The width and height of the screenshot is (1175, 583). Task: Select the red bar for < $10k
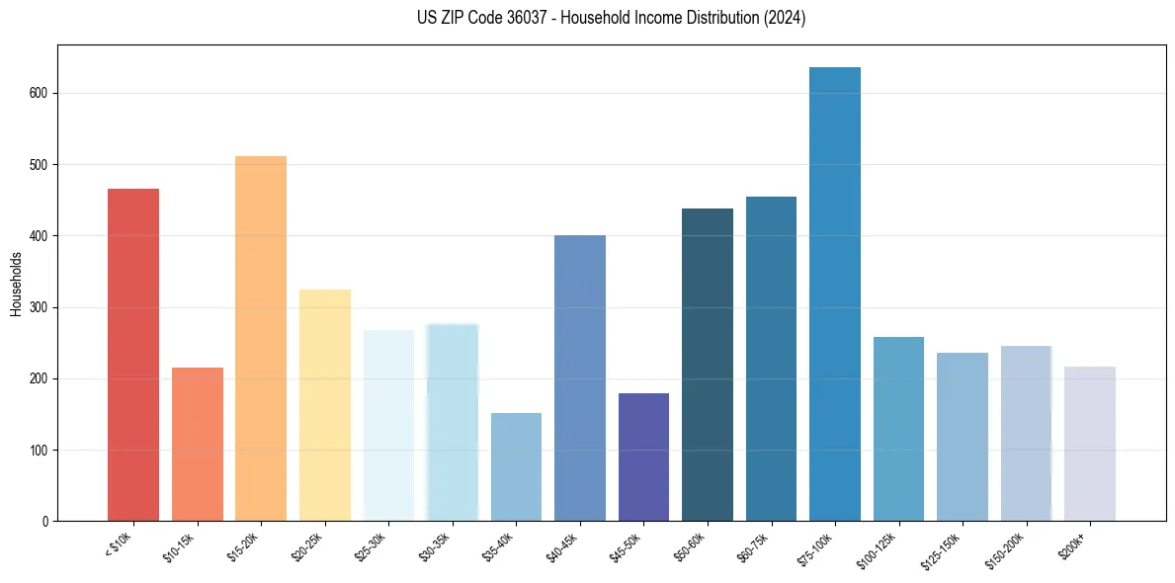tap(133, 355)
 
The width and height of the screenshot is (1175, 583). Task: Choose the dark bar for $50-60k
tap(708, 365)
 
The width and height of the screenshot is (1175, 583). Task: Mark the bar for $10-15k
tap(198, 445)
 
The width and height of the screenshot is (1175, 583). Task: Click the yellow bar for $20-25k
tap(325, 405)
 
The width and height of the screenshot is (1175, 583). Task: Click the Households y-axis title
tap(17, 284)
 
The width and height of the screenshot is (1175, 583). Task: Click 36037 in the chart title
tap(535, 18)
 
